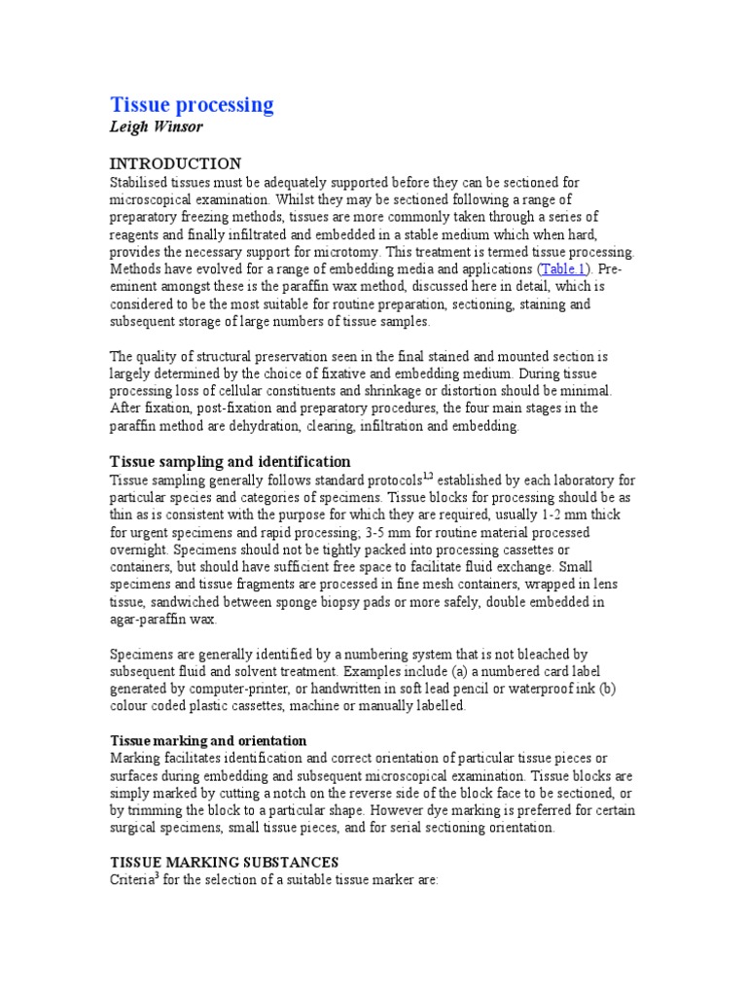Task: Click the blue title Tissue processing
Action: (192, 105)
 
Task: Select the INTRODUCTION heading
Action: (175, 163)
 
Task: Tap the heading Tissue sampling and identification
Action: (231, 461)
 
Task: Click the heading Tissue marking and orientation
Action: (208, 740)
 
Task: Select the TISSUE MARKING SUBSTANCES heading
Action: (224, 862)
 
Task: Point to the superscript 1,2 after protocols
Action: (428, 477)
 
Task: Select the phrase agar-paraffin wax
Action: (163, 620)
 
